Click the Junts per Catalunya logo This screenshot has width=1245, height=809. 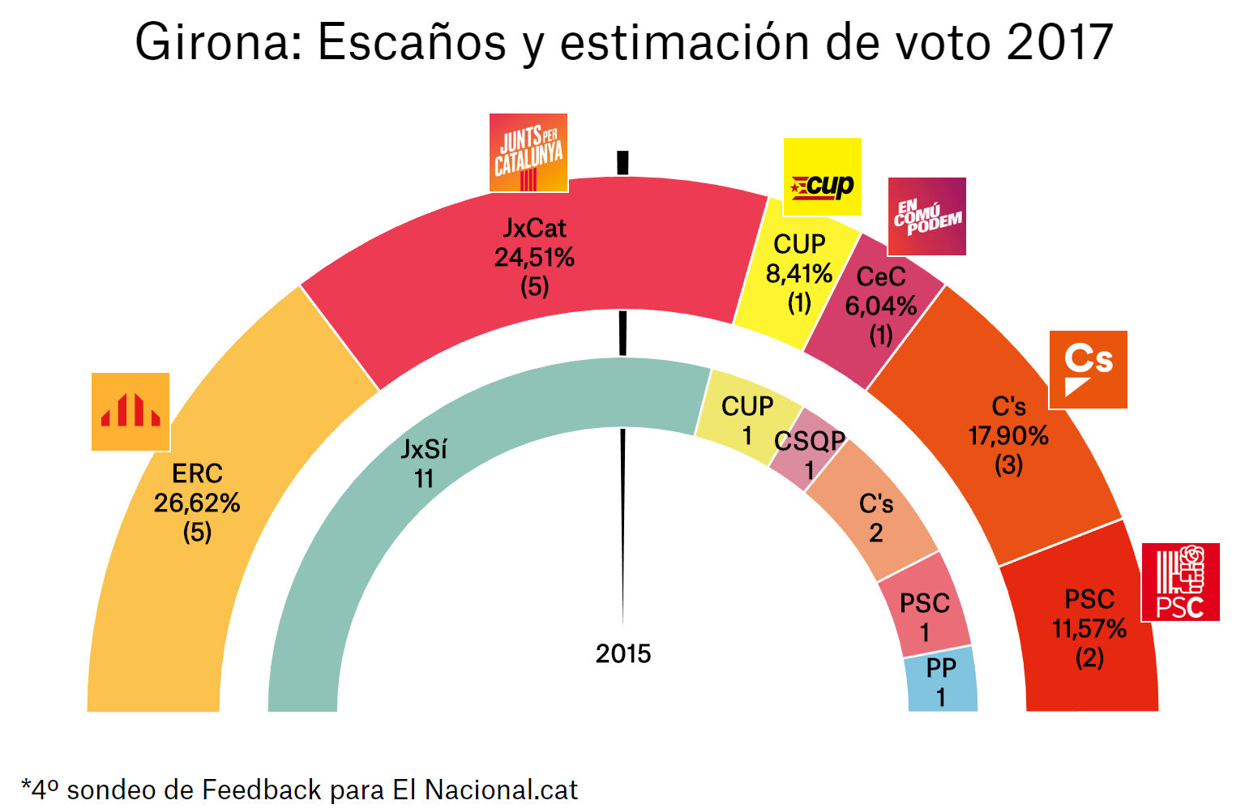pyautogui.click(x=528, y=152)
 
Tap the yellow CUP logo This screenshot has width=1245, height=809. pyautogui.click(x=822, y=177)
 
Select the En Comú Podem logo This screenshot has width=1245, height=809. pyautogui.click(x=926, y=216)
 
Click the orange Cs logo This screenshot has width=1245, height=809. pyautogui.click(x=1088, y=370)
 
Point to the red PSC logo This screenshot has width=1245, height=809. pyautogui.click(x=1180, y=582)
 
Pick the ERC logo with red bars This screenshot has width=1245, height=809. pyautogui.click(x=130, y=412)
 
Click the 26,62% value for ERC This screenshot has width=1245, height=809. pyautogui.click(x=197, y=503)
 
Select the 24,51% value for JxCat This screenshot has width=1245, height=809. pyautogui.click(x=534, y=258)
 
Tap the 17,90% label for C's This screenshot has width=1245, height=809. pyautogui.click(x=1008, y=436)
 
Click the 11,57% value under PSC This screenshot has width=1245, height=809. pyautogui.click(x=1089, y=629)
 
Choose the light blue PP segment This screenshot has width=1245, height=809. pyautogui.click(x=941, y=681)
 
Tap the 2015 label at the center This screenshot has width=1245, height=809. pyautogui.click(x=622, y=653)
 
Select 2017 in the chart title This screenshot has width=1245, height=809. pyautogui.click(x=1059, y=42)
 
